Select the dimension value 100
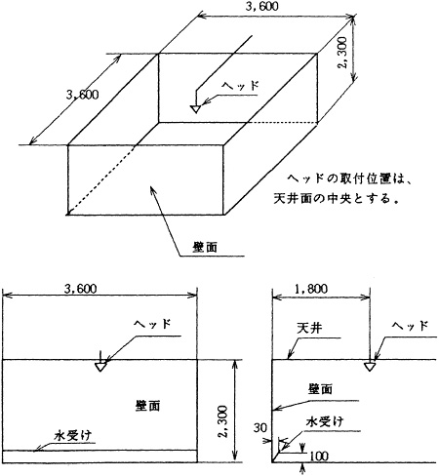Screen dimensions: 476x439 pos(318,456)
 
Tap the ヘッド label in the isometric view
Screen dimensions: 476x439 pos(241,84)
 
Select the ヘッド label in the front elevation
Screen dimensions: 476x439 pos(151,322)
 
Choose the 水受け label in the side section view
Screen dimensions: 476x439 pos(324,422)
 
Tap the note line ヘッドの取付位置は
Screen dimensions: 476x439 pos(355,179)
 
